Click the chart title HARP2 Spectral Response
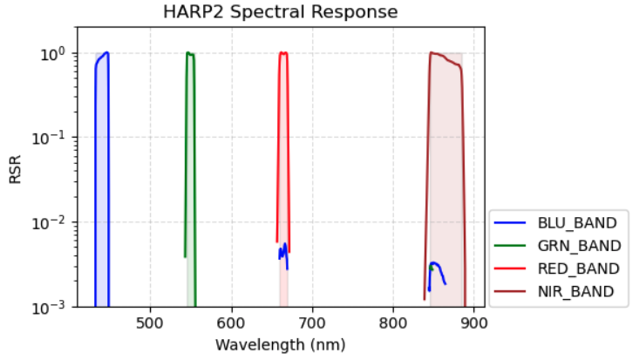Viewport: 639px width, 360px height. [281, 12]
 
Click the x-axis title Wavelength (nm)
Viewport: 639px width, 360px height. [280, 344]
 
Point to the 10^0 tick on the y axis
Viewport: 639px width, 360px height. [57, 53]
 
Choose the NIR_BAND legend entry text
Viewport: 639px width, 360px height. [576, 290]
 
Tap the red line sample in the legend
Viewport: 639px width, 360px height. [512, 268]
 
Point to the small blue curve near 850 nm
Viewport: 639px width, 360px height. [436, 265]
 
